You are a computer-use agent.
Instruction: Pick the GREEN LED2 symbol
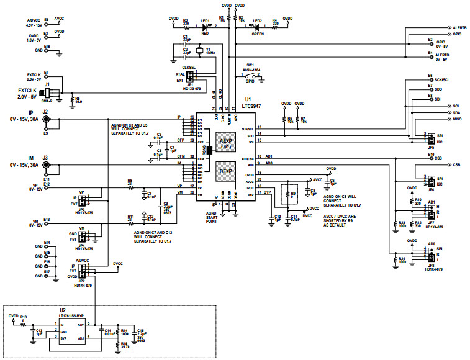(256, 27)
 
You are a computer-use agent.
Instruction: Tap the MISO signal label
(456, 119)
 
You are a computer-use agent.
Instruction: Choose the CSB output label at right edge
(456, 165)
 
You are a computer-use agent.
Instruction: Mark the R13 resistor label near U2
(24, 317)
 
